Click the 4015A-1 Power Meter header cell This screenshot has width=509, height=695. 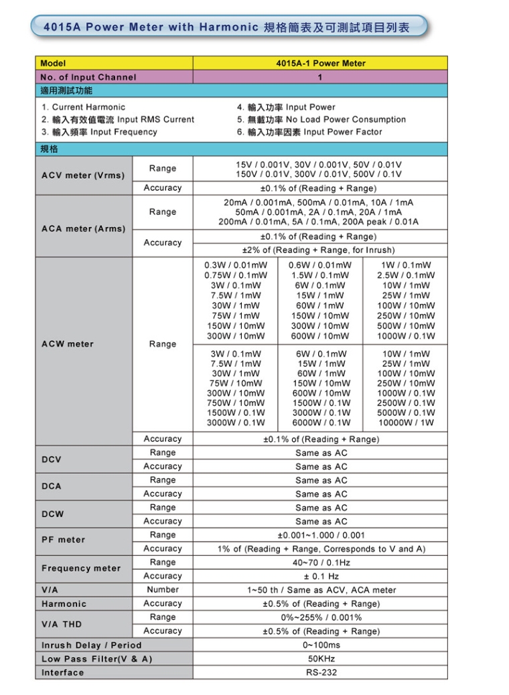[x=321, y=64]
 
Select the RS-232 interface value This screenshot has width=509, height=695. [x=321, y=672]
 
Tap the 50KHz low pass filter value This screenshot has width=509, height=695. [x=321, y=659]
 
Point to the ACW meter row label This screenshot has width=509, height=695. [x=68, y=344]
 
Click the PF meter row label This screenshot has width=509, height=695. [x=64, y=540]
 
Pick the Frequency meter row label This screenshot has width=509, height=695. [x=81, y=568]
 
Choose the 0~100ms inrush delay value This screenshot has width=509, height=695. [x=321, y=645]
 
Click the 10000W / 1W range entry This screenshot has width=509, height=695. [x=406, y=422]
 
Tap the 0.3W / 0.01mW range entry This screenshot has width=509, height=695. [x=236, y=265]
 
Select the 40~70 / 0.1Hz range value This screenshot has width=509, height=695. [x=321, y=562]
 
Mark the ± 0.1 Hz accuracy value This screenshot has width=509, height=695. [x=321, y=576]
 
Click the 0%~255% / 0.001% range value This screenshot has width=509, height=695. [x=321, y=617]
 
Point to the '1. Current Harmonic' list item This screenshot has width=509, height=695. [x=83, y=107]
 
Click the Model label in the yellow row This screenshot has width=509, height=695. [x=53, y=64]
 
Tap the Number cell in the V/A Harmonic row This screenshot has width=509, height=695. [x=163, y=590]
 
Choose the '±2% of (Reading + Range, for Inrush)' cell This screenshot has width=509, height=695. [x=321, y=250]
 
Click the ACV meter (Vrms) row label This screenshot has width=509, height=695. [x=83, y=175]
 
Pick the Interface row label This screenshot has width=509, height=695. [x=63, y=672]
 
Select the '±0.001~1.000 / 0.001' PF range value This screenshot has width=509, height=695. [x=321, y=535]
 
